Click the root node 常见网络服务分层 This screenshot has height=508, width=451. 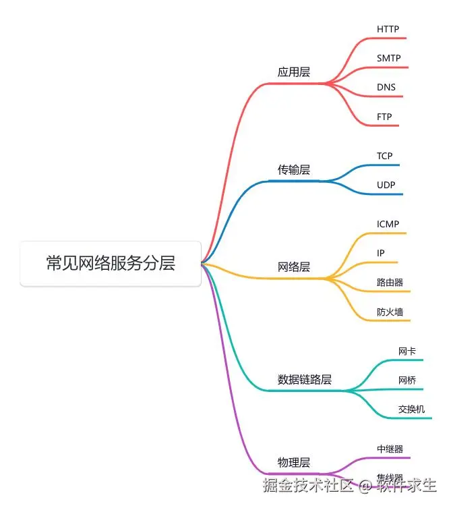[x=111, y=263]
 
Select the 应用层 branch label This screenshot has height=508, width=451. [x=294, y=72]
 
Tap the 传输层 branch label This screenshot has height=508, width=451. [x=294, y=169]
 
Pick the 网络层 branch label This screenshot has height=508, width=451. [x=294, y=267]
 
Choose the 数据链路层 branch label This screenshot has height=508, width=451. [x=305, y=379]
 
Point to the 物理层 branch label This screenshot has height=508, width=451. [x=294, y=462]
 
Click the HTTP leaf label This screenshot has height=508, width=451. [x=388, y=29]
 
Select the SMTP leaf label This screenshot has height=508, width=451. [x=389, y=58]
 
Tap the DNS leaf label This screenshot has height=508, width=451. [x=386, y=88]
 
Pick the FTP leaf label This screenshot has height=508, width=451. [x=384, y=117]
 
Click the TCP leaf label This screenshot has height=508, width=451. [x=384, y=156]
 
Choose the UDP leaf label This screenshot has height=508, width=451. [x=386, y=185]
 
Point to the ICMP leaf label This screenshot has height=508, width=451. [x=388, y=224]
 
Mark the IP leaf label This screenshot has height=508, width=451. [x=381, y=253]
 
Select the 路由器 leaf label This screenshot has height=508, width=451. [x=390, y=282]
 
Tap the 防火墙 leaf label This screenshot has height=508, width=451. [x=390, y=312]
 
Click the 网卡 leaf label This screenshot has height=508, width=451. [x=407, y=351]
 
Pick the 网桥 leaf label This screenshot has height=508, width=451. [x=407, y=380]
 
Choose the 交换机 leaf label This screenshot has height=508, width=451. [x=411, y=409]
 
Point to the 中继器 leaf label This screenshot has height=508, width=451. [x=390, y=448]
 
